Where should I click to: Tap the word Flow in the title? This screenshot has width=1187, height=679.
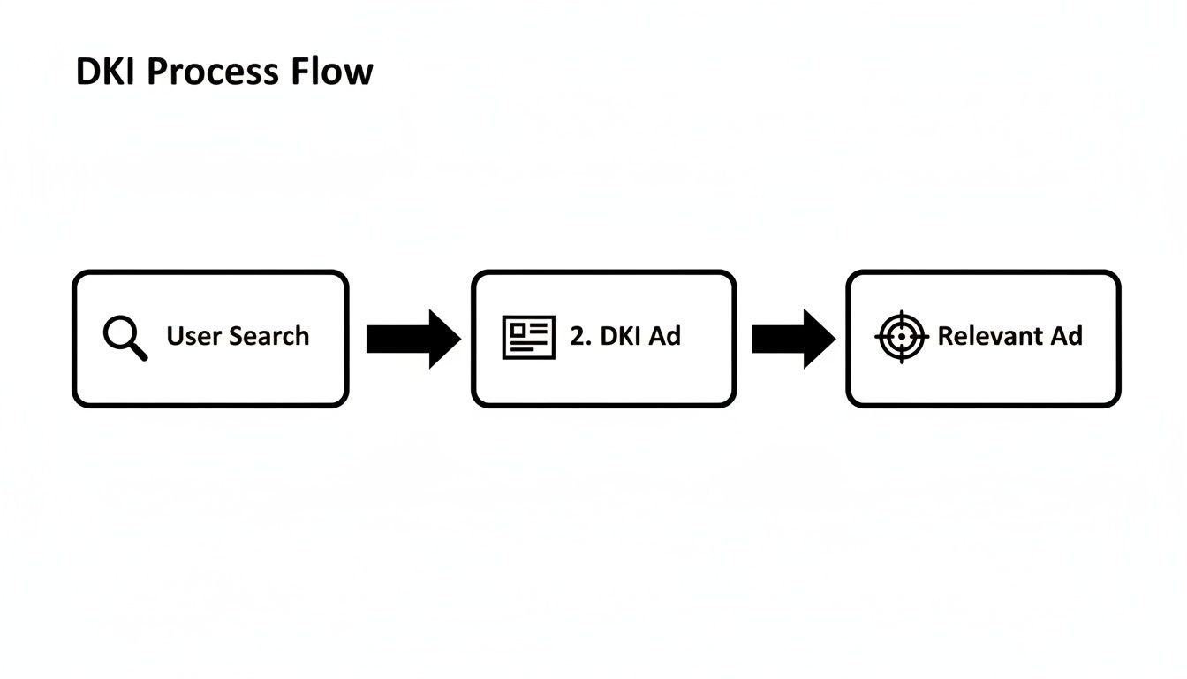pos(338,72)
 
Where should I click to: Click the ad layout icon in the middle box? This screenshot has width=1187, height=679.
pos(529,337)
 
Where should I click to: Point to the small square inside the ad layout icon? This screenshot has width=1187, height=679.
pos(518,329)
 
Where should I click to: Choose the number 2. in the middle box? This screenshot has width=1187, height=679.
pos(580,337)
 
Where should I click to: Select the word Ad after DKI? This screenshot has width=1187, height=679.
pos(666,337)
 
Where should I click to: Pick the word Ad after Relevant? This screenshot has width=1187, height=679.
pos(1066,337)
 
